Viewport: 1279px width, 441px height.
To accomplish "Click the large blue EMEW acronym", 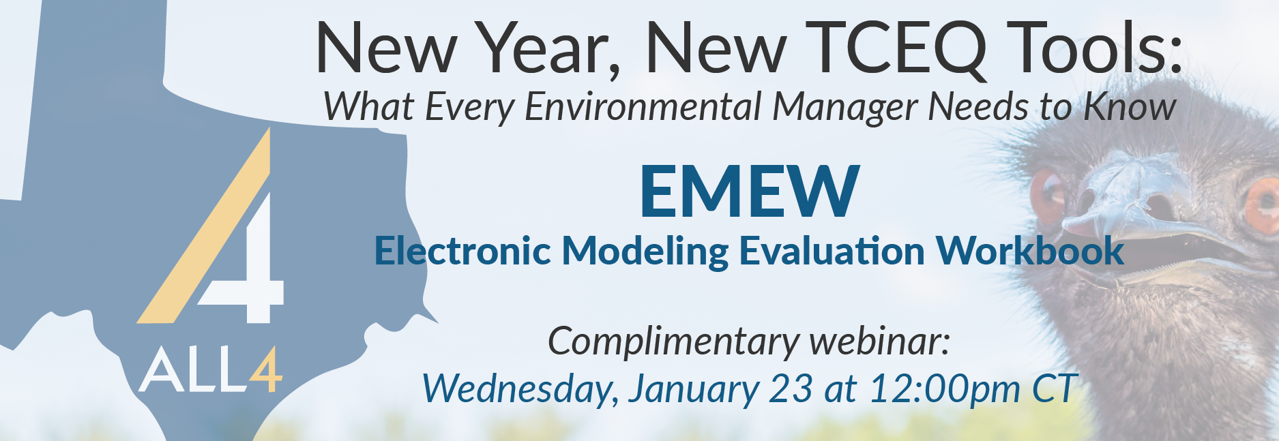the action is pos(749,192).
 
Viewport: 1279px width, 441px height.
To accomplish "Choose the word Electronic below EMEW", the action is pos(462,250).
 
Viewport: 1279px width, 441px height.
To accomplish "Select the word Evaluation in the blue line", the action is pos(832,250).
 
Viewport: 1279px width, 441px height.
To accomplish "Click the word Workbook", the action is pos(1029,250).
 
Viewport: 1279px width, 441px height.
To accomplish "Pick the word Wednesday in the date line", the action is pos(520,389).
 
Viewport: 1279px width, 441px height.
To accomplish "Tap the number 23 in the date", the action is pos(791,389).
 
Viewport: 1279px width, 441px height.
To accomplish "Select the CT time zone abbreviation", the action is pos(1055,388).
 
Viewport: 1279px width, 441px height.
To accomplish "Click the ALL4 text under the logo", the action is pos(210,370).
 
